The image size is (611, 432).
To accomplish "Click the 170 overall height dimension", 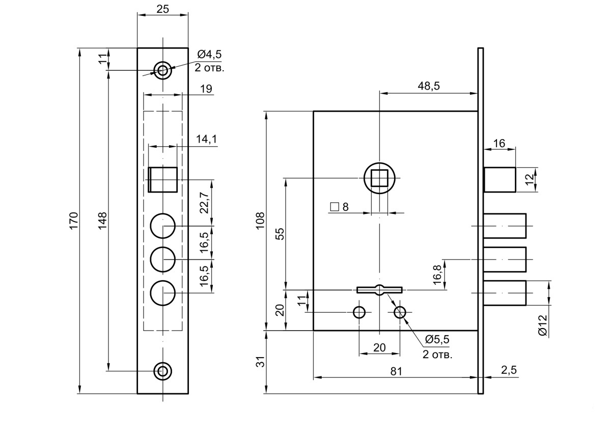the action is tap(74, 221).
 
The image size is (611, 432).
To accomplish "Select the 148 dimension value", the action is tap(102, 221).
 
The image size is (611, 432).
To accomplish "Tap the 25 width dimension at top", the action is tap(163, 9).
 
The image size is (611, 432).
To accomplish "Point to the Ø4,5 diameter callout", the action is tap(209, 55).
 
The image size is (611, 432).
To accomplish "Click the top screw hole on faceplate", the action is tap(163, 70).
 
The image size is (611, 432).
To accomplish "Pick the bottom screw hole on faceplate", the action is tap(163, 371).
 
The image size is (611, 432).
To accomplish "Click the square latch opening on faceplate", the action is tap(163, 179).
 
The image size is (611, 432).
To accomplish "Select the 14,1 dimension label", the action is tap(207, 139).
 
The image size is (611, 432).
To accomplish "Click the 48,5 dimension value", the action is tap(429, 86).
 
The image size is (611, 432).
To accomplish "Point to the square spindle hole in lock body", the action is tap(379, 178).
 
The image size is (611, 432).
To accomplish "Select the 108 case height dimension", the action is tap(261, 221).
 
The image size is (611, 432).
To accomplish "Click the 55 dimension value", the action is tap(280, 234).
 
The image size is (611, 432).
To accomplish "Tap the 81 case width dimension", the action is tap(396, 371).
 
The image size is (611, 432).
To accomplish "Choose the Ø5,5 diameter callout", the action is tap(437, 339).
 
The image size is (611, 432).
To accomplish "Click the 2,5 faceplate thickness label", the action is tap(509, 370).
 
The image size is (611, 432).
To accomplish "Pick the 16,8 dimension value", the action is tap(437, 275).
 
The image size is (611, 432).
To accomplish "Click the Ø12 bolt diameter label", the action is tap(543, 325).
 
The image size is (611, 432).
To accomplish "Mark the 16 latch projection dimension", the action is tap(499, 143).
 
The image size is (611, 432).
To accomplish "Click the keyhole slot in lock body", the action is tap(379, 290).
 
